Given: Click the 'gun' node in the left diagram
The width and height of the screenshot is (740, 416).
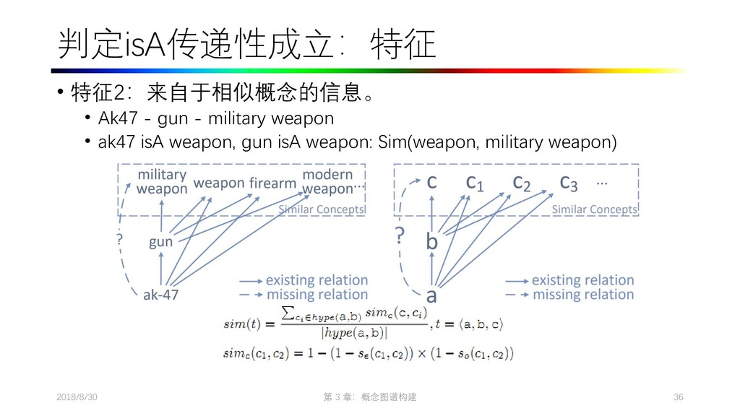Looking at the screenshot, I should [x=160, y=242].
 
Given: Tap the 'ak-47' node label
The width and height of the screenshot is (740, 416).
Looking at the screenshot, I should [x=160, y=295].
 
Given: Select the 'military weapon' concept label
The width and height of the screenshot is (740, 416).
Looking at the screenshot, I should [x=161, y=182].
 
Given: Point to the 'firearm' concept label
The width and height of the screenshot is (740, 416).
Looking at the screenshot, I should [x=272, y=183].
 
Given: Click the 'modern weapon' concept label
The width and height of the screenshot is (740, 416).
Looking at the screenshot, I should [x=327, y=182].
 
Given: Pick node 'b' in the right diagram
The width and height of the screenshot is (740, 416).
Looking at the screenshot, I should [x=431, y=242].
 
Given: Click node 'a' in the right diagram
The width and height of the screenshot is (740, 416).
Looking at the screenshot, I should [x=431, y=295].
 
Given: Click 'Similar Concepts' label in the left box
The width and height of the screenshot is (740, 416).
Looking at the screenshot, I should [x=322, y=209].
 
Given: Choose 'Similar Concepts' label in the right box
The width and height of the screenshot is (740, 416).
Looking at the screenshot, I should [x=595, y=209].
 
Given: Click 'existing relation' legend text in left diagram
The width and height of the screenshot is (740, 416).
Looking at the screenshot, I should [x=317, y=280].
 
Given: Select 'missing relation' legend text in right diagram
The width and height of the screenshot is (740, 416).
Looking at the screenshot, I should [x=582, y=295].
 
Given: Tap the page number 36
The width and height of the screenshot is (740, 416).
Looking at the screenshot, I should [x=678, y=398].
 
